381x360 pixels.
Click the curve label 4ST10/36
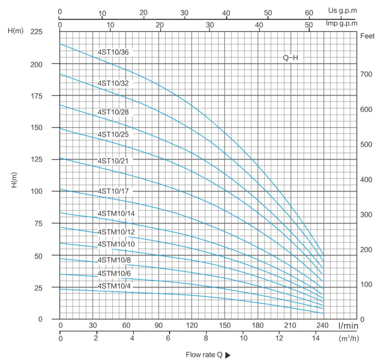[x=113, y=52]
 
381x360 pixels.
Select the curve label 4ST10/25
[x=113, y=134]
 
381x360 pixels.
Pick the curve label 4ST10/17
[x=113, y=191]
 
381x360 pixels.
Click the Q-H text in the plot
[x=290, y=58]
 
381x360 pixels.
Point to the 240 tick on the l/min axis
[x=322, y=325]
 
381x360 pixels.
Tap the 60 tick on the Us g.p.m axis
[x=310, y=12]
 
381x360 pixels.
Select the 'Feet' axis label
[x=367, y=36]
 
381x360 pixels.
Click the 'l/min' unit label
[x=347, y=326]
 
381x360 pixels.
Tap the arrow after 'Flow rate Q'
[x=227, y=355]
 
